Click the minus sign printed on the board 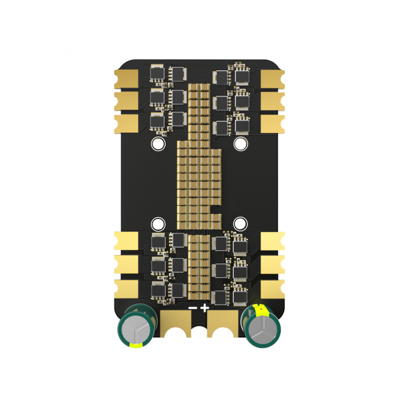pos(193,308)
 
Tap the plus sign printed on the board pos(205,307)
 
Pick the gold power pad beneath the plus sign pos(223,323)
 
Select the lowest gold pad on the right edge pos(272,288)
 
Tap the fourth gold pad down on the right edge pos(272,241)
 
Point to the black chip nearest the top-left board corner pos(158,74)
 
